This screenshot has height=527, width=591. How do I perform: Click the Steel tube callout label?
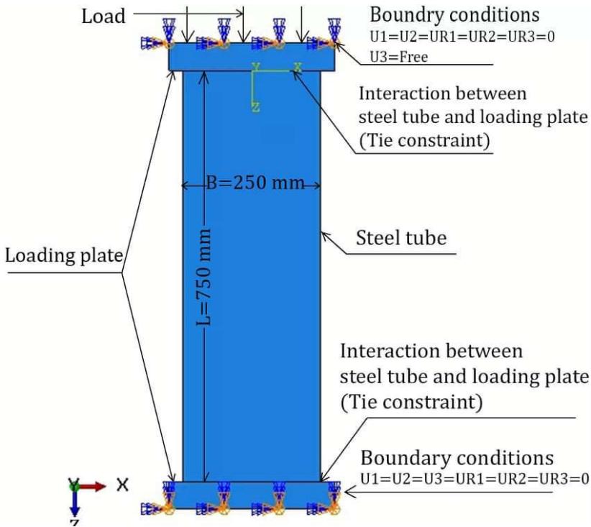point(401,239)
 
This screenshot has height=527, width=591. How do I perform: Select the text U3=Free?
point(398,58)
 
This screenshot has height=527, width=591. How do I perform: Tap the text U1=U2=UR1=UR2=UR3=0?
point(452,37)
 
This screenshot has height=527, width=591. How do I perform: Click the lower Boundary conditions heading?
point(457,458)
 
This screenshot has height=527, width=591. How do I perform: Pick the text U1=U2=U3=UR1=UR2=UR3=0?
point(475,480)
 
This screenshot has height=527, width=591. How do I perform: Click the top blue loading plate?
point(252,55)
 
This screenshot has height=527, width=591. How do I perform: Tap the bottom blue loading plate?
point(252,495)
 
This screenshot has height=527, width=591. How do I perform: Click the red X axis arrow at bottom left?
point(93,486)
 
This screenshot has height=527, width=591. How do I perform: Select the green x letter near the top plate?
point(297,67)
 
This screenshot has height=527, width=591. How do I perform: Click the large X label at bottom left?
point(123,485)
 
